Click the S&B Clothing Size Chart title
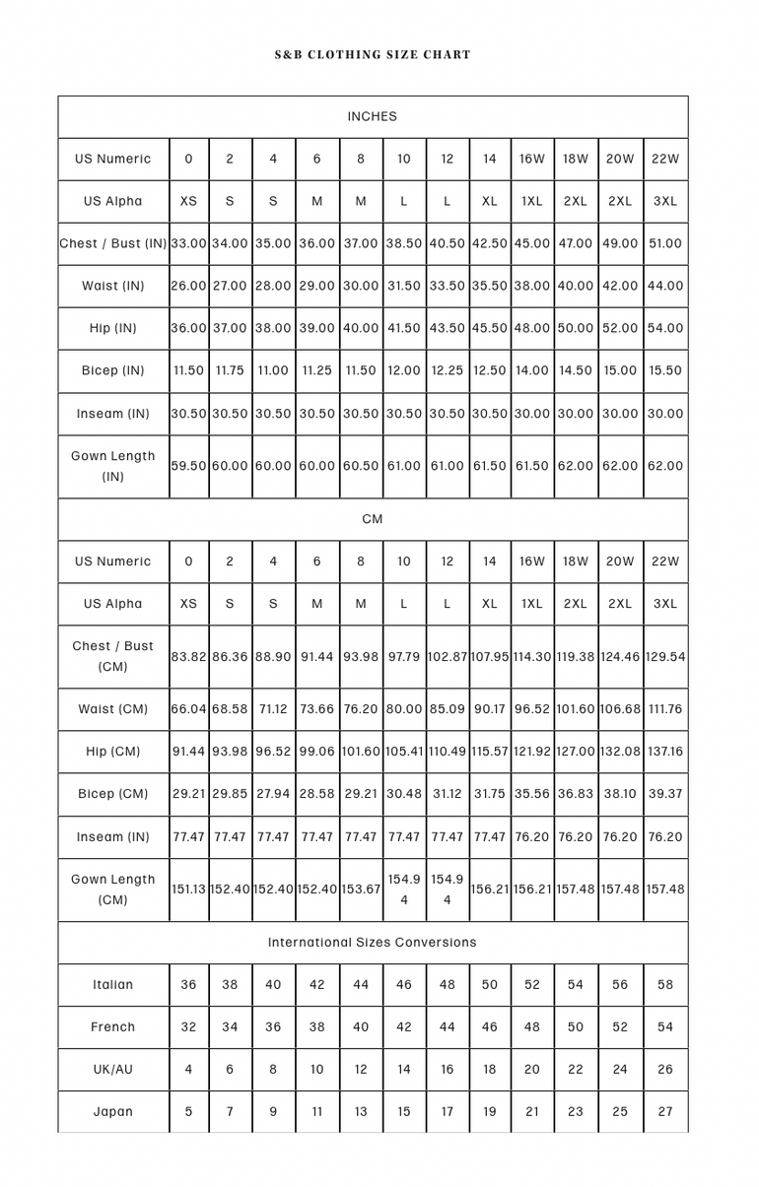click(x=373, y=54)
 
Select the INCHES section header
click(x=373, y=116)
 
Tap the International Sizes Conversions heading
click(x=373, y=942)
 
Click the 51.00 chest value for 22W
click(x=665, y=243)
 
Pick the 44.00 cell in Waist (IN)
click(x=665, y=286)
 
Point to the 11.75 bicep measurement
click(x=230, y=370)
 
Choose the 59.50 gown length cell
click(x=189, y=466)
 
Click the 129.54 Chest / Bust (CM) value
click(x=665, y=656)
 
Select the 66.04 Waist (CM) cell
click(x=189, y=708)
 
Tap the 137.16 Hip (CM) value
click(x=665, y=752)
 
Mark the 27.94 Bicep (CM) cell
click(x=273, y=794)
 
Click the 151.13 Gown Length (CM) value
click(x=189, y=889)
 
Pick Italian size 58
click(x=665, y=984)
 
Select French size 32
click(x=189, y=1026)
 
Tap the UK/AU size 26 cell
click(x=665, y=1069)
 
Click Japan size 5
click(x=189, y=1111)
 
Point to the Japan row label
click(x=113, y=1111)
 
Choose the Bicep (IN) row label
click(x=113, y=370)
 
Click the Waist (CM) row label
click(x=113, y=708)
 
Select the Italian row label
click(x=113, y=984)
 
